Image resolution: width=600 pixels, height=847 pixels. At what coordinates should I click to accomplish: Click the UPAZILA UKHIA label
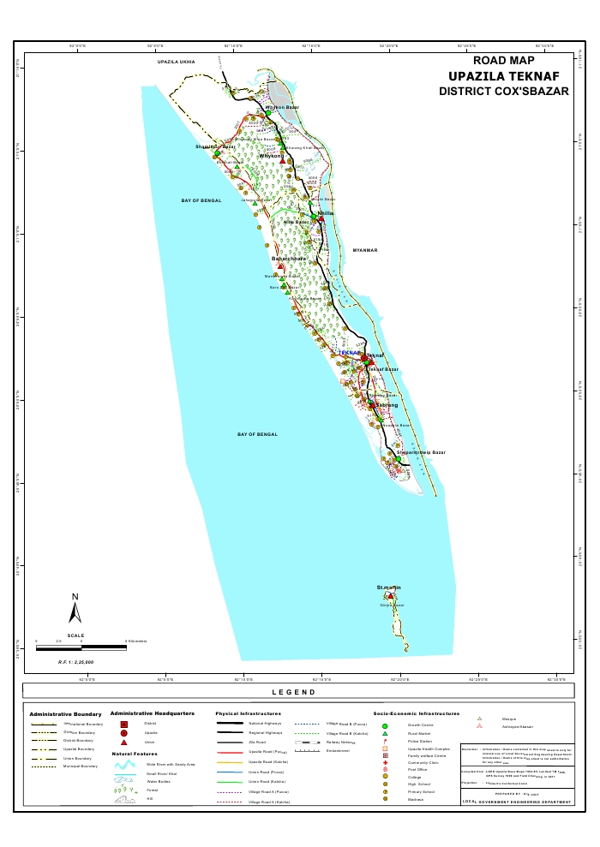tap(176, 63)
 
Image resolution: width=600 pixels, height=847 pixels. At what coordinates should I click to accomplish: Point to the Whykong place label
tap(272, 156)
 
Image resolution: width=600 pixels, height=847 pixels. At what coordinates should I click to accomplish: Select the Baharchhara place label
tap(289, 258)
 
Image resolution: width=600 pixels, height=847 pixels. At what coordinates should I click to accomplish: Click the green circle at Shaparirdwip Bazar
tap(398, 459)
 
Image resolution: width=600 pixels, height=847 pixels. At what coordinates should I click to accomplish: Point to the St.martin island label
tap(389, 587)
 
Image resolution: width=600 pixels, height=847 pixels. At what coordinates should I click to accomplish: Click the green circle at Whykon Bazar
tap(267, 113)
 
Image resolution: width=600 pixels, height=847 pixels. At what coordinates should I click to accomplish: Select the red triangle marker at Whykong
tap(282, 161)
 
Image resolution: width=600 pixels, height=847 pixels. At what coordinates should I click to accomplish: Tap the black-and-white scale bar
tap(81, 647)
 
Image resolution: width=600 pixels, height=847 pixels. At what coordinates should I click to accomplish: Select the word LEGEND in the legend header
tap(294, 692)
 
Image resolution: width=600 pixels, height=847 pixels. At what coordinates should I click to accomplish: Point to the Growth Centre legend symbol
tap(385, 725)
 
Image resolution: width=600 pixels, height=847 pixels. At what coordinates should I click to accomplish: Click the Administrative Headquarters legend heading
tap(152, 713)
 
